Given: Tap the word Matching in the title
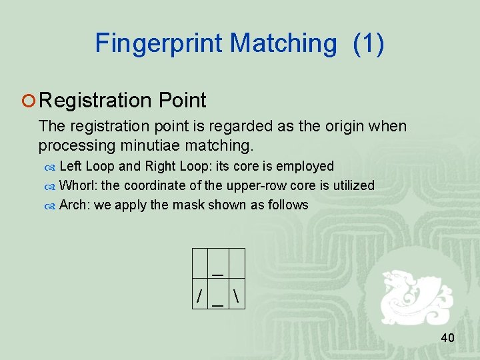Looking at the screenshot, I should point(283,43).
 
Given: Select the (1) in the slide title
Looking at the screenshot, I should point(368,43).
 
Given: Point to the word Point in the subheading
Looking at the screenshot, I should point(183,101).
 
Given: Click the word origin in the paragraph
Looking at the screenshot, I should point(331,126).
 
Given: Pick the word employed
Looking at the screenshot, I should point(306,166).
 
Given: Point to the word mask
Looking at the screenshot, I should point(189,205).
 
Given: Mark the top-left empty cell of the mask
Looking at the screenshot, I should point(199,263).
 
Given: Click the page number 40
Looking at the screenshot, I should point(447,338).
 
